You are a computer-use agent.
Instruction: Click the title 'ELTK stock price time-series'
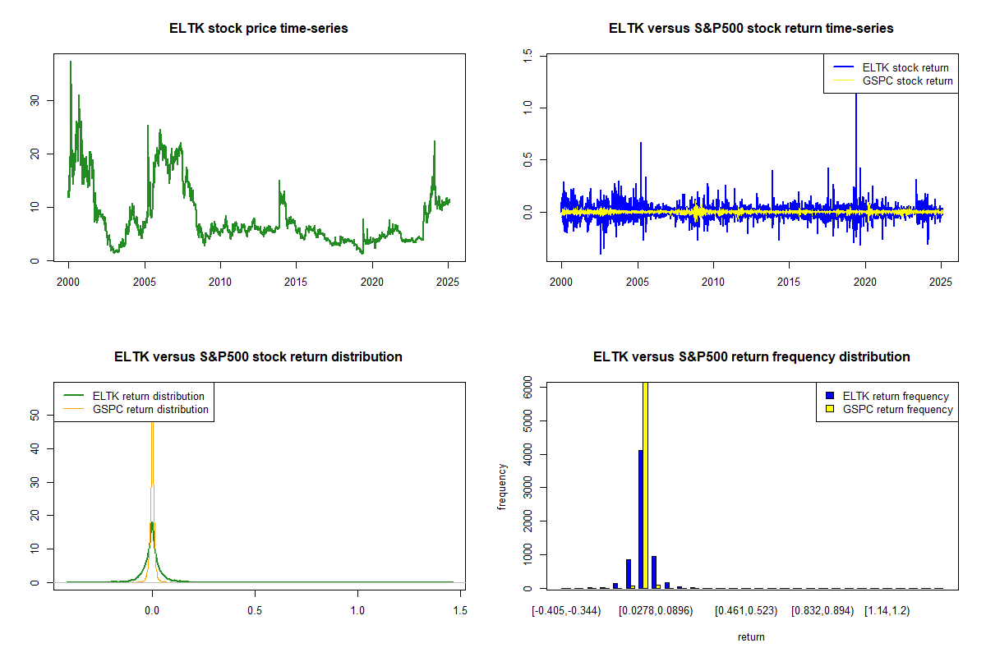coord(258,29)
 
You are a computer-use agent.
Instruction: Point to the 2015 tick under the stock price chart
coord(296,283)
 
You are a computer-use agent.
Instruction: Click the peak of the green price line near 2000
coord(71,62)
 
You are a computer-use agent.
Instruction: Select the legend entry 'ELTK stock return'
coord(905,68)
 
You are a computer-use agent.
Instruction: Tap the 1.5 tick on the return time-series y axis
coord(528,54)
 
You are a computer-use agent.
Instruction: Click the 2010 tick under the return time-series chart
coord(713,283)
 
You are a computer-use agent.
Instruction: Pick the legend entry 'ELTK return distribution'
coord(148,396)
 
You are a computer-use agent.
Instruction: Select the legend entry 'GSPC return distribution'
coord(150,409)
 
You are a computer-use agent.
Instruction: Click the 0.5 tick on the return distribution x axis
coord(255,611)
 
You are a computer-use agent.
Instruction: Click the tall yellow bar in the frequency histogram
coord(646,485)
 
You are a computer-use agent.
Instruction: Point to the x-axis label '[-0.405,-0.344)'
coord(566,611)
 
